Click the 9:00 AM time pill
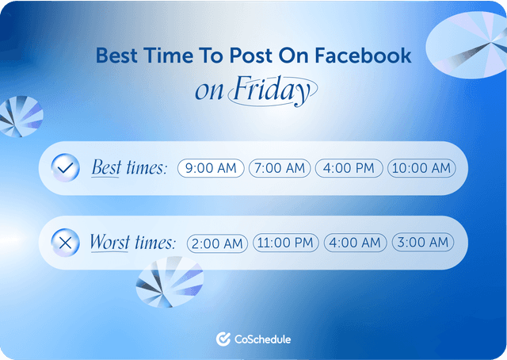coord(212,168)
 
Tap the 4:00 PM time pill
coord(349,168)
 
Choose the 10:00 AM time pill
coord(421,168)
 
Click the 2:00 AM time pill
coord(218,243)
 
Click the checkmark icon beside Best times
coord(65,168)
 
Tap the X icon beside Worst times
coord(65,243)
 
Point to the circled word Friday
coord(272,91)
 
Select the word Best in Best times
coord(106,168)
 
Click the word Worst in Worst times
coord(109,243)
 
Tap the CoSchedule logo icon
coord(223,339)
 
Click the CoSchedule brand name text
coord(263,339)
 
